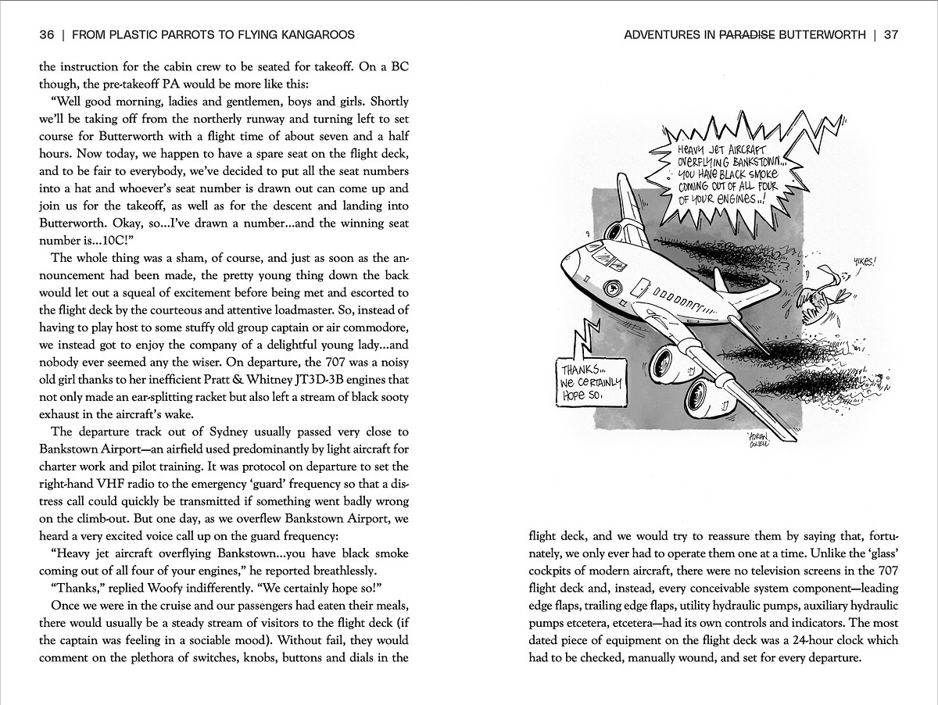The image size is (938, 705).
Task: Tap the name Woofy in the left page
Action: click(181, 588)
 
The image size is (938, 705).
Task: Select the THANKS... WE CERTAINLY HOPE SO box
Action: click(591, 382)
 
